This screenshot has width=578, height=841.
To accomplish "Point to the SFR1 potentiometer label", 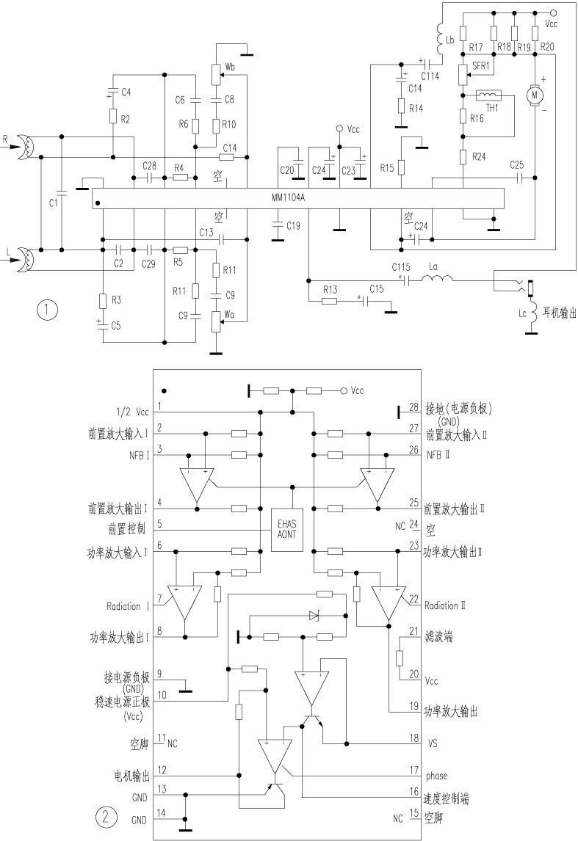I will click(483, 67).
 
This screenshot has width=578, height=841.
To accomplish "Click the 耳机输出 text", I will click(559, 313).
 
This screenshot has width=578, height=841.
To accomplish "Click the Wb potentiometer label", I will click(231, 68).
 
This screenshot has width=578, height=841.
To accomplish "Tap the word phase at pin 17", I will click(436, 776).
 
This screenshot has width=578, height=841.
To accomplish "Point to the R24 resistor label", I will click(480, 157).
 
